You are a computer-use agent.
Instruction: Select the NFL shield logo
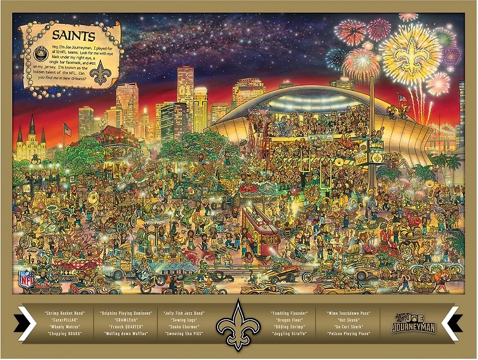[26, 278]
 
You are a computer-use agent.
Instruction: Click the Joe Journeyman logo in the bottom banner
[413, 323]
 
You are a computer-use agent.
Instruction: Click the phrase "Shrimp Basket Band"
[64, 313]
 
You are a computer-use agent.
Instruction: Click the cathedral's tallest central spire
[32, 126]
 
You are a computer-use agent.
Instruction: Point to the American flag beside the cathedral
[67, 129]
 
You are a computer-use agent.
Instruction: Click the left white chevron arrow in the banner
[27, 323]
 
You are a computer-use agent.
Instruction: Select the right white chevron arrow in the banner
[450, 323]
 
